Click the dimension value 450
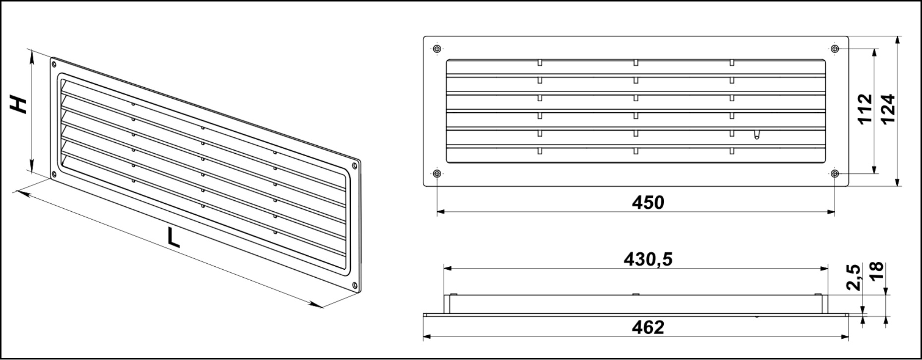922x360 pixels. click(648, 203)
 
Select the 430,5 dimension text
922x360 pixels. click(648, 259)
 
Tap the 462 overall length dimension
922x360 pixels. click(648, 327)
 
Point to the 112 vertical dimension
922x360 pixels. click(864, 109)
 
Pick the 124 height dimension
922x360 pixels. click(888, 109)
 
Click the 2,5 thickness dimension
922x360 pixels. click(853, 277)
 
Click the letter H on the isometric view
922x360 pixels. click(20, 105)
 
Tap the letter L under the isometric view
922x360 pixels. click(173, 238)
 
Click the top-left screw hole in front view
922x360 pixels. click(437, 49)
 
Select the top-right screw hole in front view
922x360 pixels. click(835, 49)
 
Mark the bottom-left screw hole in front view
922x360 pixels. click(437, 174)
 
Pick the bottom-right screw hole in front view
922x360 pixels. click(835, 174)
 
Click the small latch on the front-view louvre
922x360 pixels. click(756, 135)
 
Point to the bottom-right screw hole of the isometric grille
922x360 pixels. click(354, 285)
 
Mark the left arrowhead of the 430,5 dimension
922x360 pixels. click(449, 269)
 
